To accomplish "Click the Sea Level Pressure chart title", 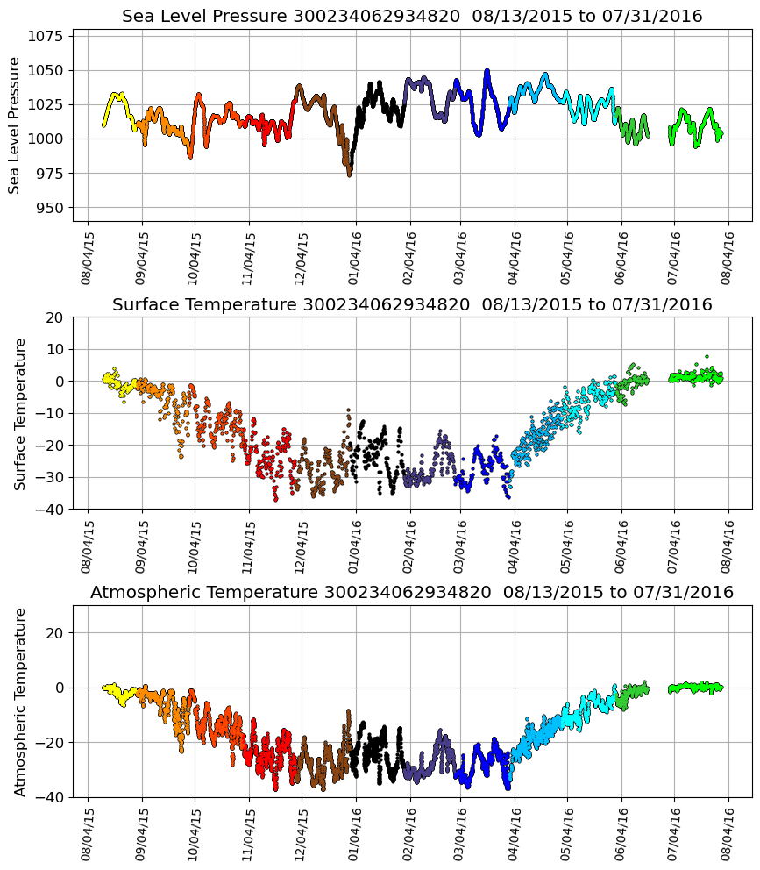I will point(412,16).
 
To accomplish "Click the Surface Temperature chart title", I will point(412,304).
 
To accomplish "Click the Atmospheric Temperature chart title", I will point(412,593).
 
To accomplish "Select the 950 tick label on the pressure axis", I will point(50,208).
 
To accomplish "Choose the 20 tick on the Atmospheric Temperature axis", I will point(54,632).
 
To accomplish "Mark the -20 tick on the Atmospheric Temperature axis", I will point(51,742).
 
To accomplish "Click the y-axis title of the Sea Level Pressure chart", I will point(15,125).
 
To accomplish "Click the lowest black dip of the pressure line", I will point(349,175).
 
